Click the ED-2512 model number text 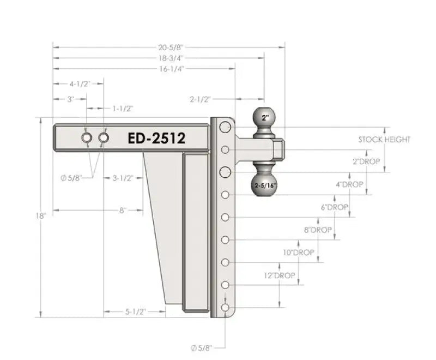pyautogui.click(x=156, y=138)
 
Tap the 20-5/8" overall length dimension pyautogui.click(x=168, y=47)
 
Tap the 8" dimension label pyautogui.click(x=123, y=209)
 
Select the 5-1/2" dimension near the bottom pyautogui.click(x=134, y=311)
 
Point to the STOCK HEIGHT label pyautogui.click(x=384, y=140)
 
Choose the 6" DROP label pyautogui.click(x=335, y=207)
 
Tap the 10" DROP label pyautogui.click(x=298, y=253)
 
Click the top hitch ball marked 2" pyautogui.click(x=265, y=117)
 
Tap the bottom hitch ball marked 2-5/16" pyautogui.click(x=265, y=185)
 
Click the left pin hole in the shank pyautogui.click(x=87, y=138)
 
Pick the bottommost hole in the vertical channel pyautogui.click(x=225, y=309)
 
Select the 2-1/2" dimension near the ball pyautogui.click(x=201, y=99)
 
